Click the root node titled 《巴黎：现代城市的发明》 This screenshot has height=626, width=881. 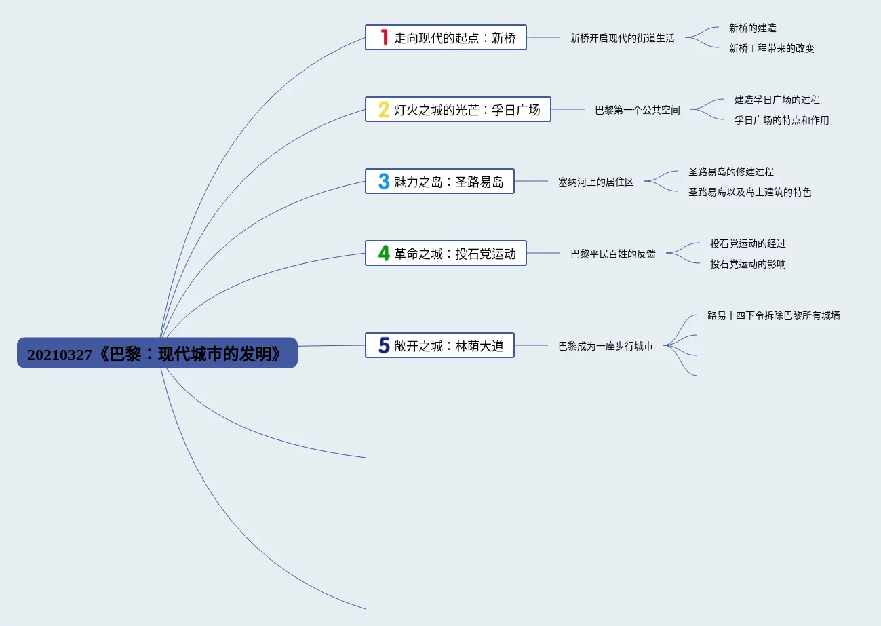pyautogui.click(x=157, y=353)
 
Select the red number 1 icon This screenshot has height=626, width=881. pyautogui.click(x=384, y=37)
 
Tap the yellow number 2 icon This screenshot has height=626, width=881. pyautogui.click(x=384, y=109)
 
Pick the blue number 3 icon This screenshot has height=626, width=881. pyautogui.click(x=384, y=181)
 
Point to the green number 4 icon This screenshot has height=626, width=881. pyautogui.click(x=384, y=253)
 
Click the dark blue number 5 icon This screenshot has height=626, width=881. pyautogui.click(x=384, y=345)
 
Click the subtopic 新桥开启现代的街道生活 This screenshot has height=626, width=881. pyautogui.click(x=622, y=38)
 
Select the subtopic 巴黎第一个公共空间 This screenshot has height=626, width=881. pyautogui.click(x=637, y=110)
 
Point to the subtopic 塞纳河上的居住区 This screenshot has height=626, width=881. pyautogui.click(x=595, y=182)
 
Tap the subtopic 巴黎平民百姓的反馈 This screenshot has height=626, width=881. pyautogui.click(x=612, y=254)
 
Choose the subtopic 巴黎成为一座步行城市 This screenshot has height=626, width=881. pyautogui.click(x=605, y=346)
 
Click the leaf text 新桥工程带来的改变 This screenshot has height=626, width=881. pyautogui.click(x=771, y=48)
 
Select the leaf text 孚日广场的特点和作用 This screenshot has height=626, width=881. pyautogui.click(x=781, y=120)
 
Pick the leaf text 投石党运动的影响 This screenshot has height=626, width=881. pyautogui.click(x=747, y=264)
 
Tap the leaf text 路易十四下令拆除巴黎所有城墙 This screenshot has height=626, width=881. pyautogui.click(x=773, y=315)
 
